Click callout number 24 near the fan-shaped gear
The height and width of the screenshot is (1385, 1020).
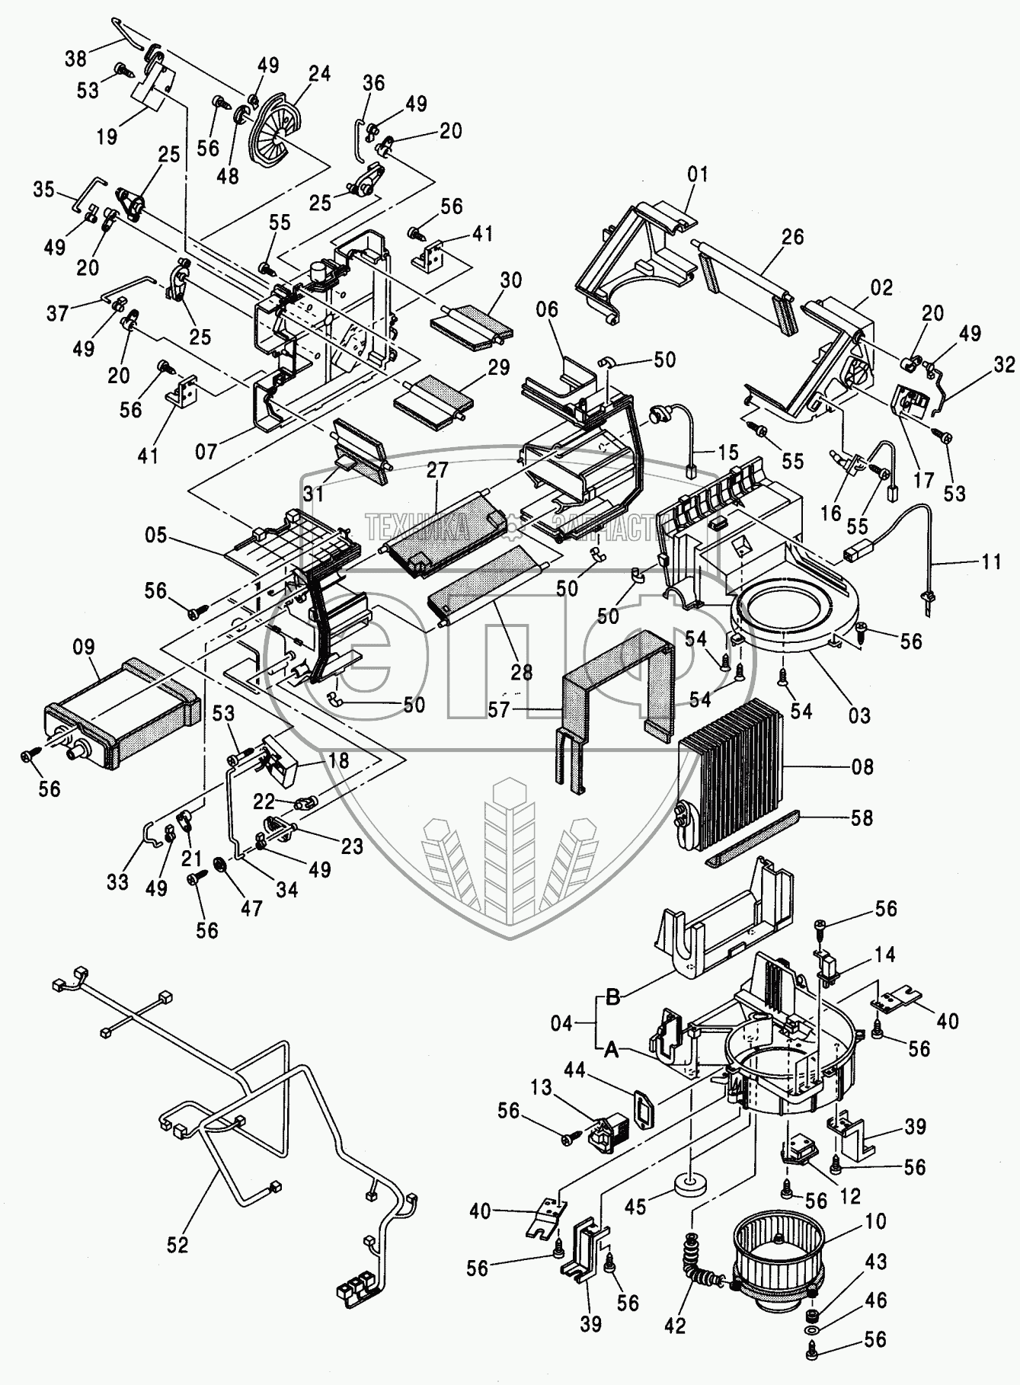coord(320,75)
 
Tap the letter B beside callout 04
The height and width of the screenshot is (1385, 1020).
coord(612,996)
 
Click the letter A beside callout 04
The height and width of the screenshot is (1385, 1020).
coord(612,1051)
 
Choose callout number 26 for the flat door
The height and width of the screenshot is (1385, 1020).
coord(792,237)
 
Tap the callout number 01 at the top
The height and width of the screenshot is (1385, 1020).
coord(697,174)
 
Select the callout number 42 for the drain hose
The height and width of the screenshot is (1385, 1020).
coord(675,1326)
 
